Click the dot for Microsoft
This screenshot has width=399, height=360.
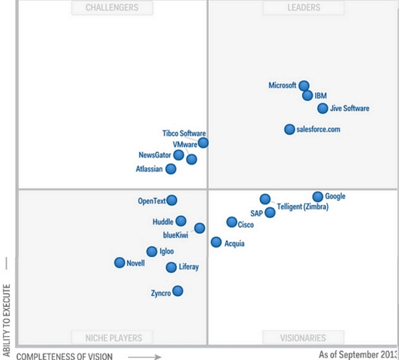304,86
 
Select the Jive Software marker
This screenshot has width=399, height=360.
323,108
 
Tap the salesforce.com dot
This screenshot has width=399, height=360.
290,130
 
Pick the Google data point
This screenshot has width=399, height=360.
318,197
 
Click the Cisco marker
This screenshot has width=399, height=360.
231,223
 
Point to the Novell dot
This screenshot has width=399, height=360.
120,263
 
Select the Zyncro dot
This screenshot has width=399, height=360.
178,291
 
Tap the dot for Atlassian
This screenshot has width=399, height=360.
171,169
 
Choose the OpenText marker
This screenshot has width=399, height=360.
172,200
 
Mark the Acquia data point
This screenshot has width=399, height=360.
216,242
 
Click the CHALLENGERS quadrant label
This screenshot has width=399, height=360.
112,8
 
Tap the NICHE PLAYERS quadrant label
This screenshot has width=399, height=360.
112,337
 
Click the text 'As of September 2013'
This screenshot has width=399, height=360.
358,355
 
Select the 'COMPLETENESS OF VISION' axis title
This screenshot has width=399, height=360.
64,356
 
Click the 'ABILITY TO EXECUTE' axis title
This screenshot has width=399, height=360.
7,319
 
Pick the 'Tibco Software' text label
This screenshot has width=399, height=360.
184,134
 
